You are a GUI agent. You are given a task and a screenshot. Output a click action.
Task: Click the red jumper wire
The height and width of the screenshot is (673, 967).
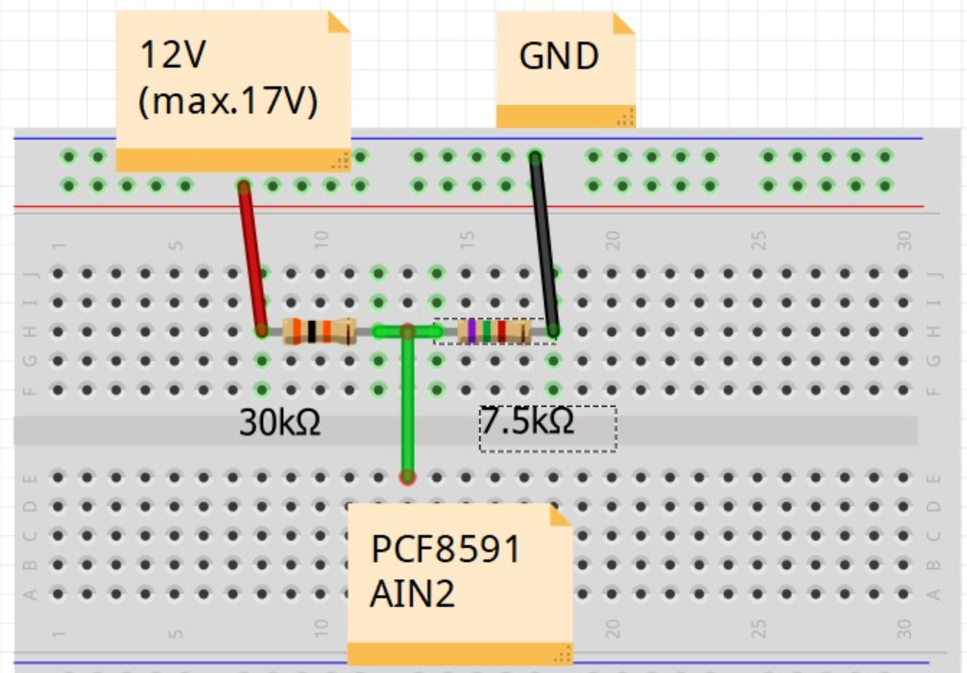tap(253, 259)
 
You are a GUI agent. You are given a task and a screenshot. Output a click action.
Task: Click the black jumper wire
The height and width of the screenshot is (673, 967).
tap(544, 244)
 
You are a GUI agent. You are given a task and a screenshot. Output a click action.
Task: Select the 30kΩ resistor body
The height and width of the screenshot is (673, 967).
tap(319, 331)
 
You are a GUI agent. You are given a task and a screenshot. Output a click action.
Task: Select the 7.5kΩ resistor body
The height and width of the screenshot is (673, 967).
tap(494, 331)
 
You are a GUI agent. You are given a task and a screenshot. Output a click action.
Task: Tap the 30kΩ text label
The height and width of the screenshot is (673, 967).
tap(280, 422)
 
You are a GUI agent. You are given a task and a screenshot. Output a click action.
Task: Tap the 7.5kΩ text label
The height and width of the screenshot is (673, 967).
tap(527, 421)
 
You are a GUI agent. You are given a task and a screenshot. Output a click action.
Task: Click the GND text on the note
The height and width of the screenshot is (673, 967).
tap(558, 57)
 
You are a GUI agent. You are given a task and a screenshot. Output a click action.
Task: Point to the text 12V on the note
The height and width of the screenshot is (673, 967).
tap(173, 55)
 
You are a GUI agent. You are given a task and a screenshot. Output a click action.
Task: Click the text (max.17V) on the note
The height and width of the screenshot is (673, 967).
tap(227, 101)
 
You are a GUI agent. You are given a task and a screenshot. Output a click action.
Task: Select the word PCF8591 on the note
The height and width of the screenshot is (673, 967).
tap(445, 550)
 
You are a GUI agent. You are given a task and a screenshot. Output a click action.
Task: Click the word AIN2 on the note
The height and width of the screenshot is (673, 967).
tap(412, 595)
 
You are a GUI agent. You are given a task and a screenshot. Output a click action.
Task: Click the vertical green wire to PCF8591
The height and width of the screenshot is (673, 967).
tap(408, 410)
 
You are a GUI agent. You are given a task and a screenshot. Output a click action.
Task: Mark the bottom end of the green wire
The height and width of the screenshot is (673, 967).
tap(408, 477)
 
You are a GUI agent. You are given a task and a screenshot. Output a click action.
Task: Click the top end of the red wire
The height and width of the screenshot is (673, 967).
tap(244, 188)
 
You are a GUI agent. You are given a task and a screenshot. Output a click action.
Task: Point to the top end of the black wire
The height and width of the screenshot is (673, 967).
tap(535, 157)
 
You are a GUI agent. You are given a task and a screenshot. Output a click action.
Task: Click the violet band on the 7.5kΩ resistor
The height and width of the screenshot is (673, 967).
tap(472, 331)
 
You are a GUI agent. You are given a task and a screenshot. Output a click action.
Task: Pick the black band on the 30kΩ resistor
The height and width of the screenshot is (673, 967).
tap(312, 331)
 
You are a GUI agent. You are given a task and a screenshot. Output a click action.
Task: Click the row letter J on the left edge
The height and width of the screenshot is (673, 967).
tap(30, 274)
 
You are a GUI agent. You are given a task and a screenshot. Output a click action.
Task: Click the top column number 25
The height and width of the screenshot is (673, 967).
tap(758, 240)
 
